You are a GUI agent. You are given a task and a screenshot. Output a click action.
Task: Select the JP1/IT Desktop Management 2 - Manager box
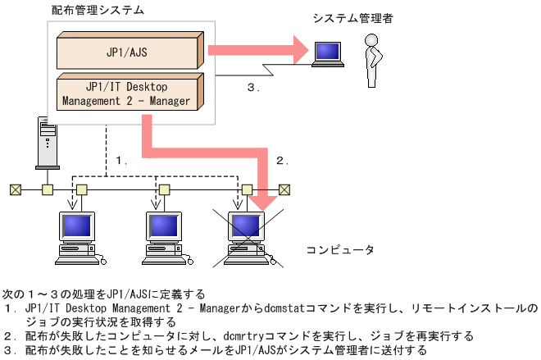click(x=127, y=93)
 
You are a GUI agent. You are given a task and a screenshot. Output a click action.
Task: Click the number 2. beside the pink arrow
click(x=283, y=161)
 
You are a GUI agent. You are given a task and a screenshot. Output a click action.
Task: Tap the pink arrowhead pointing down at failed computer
click(x=264, y=199)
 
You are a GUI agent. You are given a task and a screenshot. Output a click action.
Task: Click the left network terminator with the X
click(x=15, y=189)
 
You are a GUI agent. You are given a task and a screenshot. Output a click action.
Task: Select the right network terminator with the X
click(x=284, y=189)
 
